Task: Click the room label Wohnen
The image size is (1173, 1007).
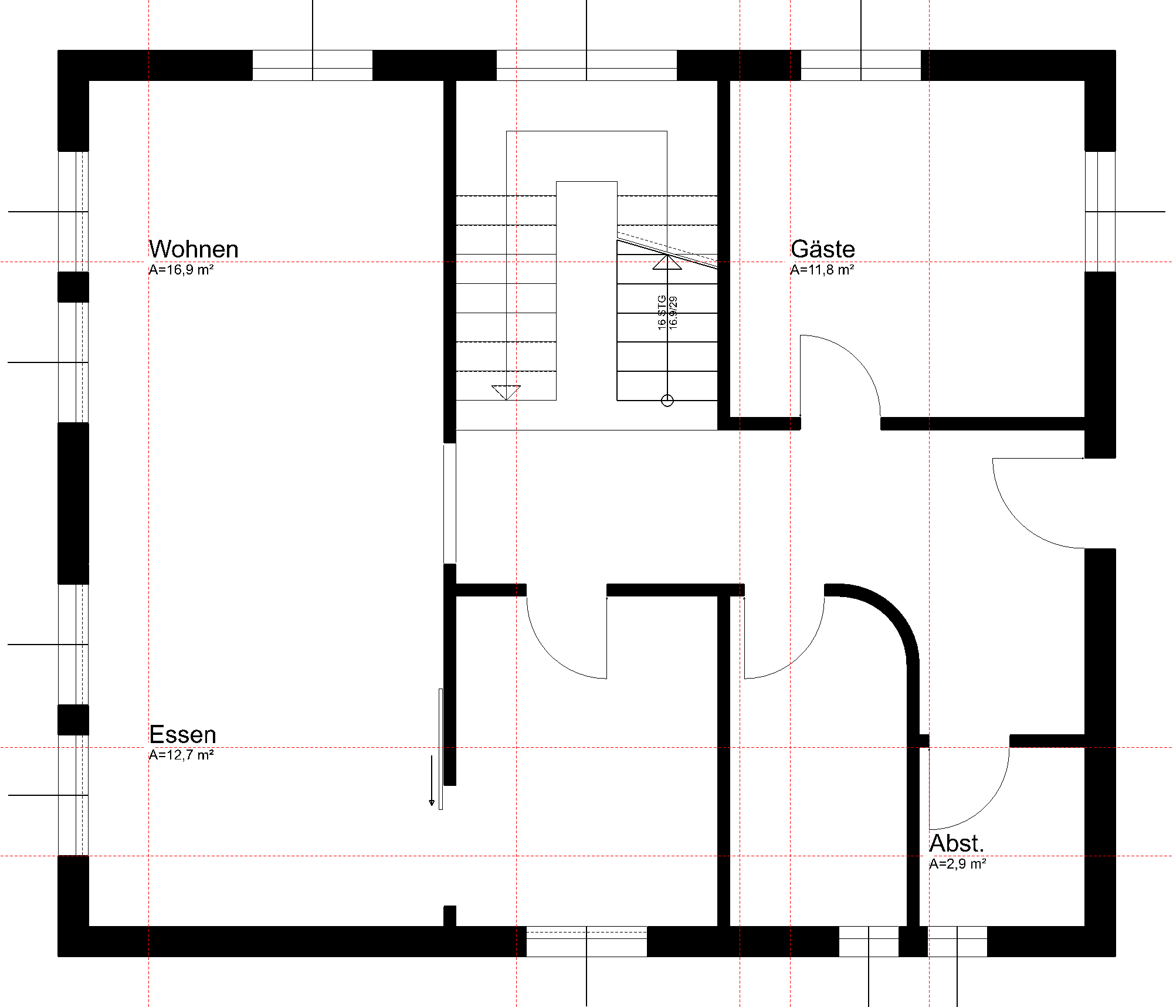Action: click(193, 249)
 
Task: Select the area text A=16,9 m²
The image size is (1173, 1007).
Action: click(181, 270)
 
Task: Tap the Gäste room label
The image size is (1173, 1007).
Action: click(822, 249)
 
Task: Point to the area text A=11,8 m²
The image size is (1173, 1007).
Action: click(822, 270)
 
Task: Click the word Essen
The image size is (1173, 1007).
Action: click(182, 734)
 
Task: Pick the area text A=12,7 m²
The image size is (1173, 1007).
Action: click(181, 755)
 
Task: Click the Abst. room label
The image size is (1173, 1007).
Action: click(956, 843)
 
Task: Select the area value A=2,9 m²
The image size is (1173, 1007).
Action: click(957, 864)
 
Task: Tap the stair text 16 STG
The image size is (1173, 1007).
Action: click(662, 312)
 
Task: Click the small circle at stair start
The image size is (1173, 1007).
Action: click(667, 401)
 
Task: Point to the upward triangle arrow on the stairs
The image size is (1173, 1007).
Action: click(667, 262)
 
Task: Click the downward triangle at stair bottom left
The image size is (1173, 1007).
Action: click(506, 392)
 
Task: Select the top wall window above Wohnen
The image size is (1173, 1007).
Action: click(312, 65)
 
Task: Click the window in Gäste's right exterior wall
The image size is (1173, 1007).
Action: click(1100, 211)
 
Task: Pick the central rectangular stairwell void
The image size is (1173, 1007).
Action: click(586, 290)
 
